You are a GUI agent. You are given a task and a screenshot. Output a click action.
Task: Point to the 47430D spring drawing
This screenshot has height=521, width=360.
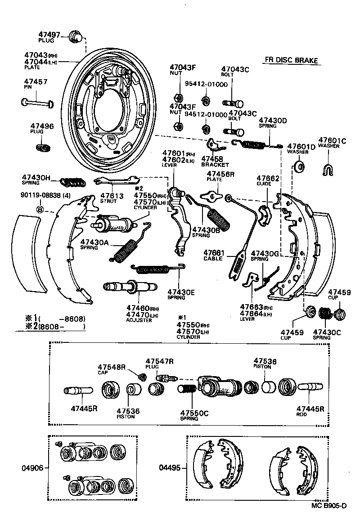pos(255,144)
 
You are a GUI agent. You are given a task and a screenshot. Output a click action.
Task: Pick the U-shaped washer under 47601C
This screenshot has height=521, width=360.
pos(328,170)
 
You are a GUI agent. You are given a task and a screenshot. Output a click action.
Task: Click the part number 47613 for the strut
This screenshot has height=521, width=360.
pos(112,196)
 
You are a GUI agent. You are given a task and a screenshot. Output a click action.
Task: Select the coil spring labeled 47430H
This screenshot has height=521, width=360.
pos(72,182)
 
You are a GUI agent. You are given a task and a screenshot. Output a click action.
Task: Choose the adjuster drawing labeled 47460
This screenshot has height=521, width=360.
pos(130,286)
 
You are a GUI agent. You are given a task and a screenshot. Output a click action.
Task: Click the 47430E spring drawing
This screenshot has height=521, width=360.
pos(157,269)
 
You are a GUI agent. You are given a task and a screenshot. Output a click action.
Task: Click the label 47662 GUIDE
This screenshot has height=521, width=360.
pos(268,181)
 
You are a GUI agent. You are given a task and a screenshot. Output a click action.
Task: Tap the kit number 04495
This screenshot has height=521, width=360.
pos(170,468)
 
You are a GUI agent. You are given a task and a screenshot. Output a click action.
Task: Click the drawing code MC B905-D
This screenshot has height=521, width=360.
pos(329,505)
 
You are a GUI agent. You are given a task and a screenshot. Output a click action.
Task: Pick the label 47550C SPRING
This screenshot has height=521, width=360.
pos(194,415)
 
